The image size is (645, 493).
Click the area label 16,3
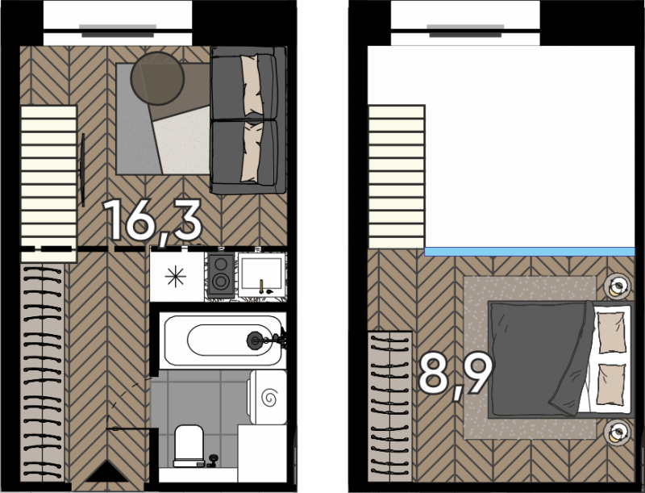(x=152, y=221)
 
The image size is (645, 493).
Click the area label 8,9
(x=456, y=375)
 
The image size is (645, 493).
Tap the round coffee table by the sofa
(x=157, y=78)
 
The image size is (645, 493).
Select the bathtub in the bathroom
(x=223, y=340)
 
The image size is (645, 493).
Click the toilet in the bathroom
(x=189, y=446)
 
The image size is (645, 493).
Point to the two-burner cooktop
(x=221, y=274)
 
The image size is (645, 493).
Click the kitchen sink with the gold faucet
(x=261, y=274)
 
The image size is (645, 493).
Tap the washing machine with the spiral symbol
(x=268, y=397)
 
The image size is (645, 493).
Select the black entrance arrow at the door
(x=107, y=472)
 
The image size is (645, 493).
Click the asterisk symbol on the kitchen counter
(x=175, y=276)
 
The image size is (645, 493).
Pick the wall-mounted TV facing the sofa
(x=83, y=169)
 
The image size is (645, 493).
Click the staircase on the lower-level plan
(x=48, y=183)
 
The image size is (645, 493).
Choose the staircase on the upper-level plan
(x=397, y=177)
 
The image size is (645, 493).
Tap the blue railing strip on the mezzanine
(x=530, y=252)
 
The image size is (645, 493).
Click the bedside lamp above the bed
(x=617, y=286)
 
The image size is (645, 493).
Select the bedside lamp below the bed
(x=617, y=432)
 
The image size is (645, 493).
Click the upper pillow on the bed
(x=611, y=332)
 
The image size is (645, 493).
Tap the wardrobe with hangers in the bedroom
(x=389, y=406)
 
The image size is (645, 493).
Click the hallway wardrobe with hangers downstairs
(x=43, y=373)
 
